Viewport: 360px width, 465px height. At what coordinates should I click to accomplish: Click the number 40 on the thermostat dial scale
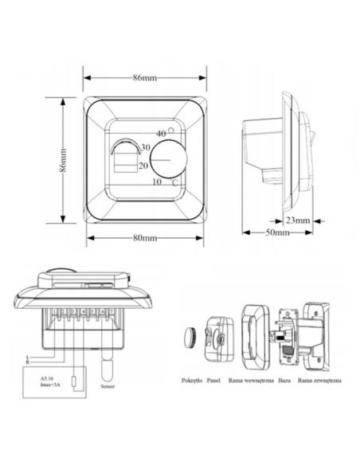[x=161, y=133]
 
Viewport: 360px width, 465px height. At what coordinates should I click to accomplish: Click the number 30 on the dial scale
[x=146, y=148]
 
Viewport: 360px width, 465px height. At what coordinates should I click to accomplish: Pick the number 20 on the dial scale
[x=144, y=166]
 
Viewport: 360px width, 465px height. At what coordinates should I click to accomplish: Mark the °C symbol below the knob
[x=174, y=182]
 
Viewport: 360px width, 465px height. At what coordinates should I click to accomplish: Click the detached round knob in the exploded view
[x=189, y=334]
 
